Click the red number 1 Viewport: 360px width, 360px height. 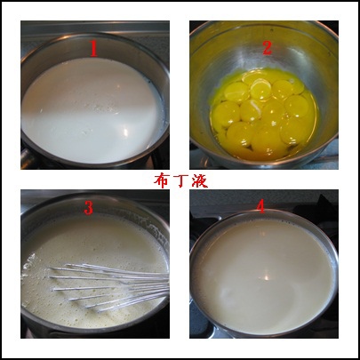point(94,44)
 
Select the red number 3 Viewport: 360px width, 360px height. point(88,207)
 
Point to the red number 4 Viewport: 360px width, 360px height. point(260,205)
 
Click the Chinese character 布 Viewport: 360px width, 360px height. point(161,180)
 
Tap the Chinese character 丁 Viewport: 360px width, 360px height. point(180,180)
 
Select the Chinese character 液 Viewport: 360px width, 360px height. point(201,180)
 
